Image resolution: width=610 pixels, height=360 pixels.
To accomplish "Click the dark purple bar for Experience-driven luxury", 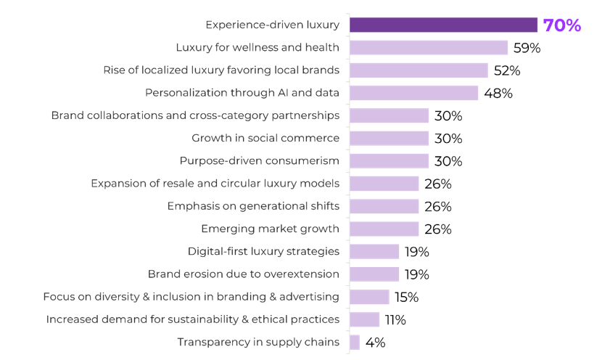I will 443,25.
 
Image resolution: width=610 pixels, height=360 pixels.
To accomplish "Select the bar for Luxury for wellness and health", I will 428,48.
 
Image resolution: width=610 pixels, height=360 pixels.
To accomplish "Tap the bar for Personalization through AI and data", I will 413,93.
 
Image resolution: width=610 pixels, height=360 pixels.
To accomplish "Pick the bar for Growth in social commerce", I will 389,138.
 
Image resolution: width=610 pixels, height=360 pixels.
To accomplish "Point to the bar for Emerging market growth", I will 384,229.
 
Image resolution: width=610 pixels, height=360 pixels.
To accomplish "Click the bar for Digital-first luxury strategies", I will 374,252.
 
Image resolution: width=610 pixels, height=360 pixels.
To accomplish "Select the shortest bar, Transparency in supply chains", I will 355,342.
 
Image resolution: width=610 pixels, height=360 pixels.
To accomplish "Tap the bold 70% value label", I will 562,25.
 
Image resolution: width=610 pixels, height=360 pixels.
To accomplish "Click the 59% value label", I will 527,48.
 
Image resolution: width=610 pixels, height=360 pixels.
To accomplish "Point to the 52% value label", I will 507,70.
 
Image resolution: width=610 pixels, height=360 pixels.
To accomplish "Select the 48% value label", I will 498,93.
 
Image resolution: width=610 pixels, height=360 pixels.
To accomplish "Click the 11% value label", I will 395,319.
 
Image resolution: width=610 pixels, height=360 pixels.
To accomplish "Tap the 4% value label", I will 375,342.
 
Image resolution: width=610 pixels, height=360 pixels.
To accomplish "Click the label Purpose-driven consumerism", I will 260,160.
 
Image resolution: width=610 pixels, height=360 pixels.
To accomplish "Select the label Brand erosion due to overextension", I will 244,274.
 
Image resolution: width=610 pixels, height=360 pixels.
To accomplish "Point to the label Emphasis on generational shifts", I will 253,206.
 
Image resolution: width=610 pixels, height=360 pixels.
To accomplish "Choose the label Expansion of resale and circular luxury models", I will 215,184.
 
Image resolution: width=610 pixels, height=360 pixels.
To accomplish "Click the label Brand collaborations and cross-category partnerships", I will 195,115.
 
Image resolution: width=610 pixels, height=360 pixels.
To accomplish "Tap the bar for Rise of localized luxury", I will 419,70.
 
